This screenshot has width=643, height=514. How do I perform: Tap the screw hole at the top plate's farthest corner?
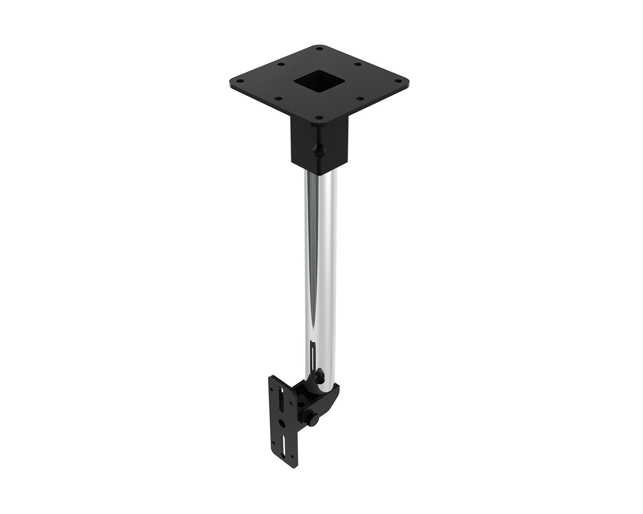point(319,49)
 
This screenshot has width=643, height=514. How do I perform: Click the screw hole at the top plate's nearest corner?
point(319,117)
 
